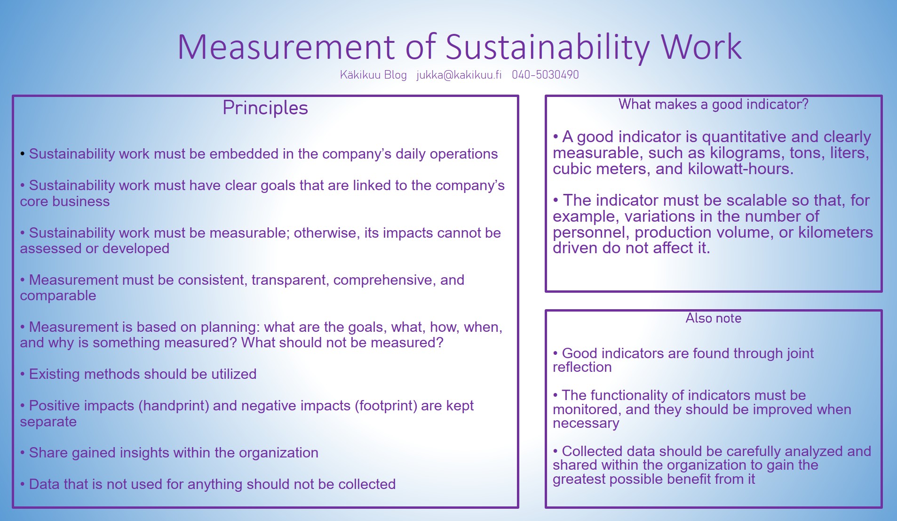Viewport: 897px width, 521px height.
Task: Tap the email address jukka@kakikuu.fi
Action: [x=459, y=75]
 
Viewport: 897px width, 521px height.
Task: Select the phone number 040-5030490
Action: [x=545, y=74]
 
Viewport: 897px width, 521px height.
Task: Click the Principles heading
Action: [x=265, y=108]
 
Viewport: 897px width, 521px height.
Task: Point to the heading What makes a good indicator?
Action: [x=713, y=104]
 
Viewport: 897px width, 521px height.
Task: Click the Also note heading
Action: [x=713, y=318]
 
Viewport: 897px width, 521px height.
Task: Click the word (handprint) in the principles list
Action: [x=174, y=406]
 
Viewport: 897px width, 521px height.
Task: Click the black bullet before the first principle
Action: [x=23, y=154]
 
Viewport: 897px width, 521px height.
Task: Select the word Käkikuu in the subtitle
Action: [x=360, y=75]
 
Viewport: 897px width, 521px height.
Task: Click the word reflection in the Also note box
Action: [x=582, y=367]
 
